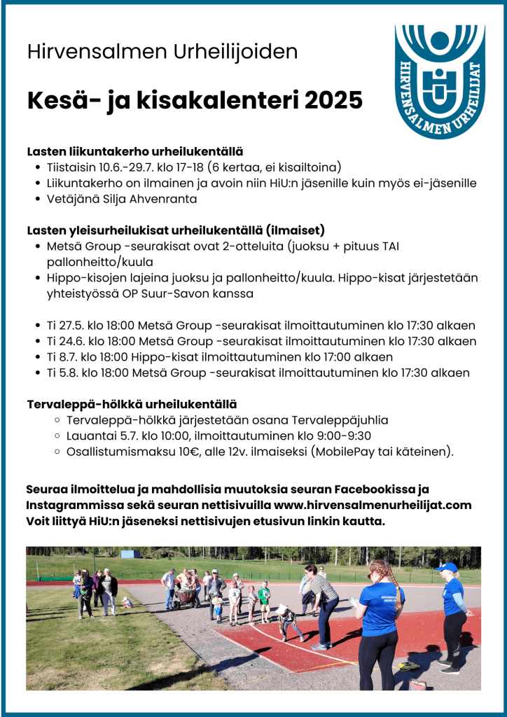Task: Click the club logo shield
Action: click(x=440, y=81)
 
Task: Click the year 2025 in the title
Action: click(x=333, y=100)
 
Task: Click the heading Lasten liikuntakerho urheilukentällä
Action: click(x=134, y=151)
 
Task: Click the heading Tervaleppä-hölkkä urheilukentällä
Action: click(x=132, y=405)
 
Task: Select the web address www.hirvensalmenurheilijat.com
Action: click(x=373, y=504)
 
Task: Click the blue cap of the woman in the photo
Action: click(x=446, y=568)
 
